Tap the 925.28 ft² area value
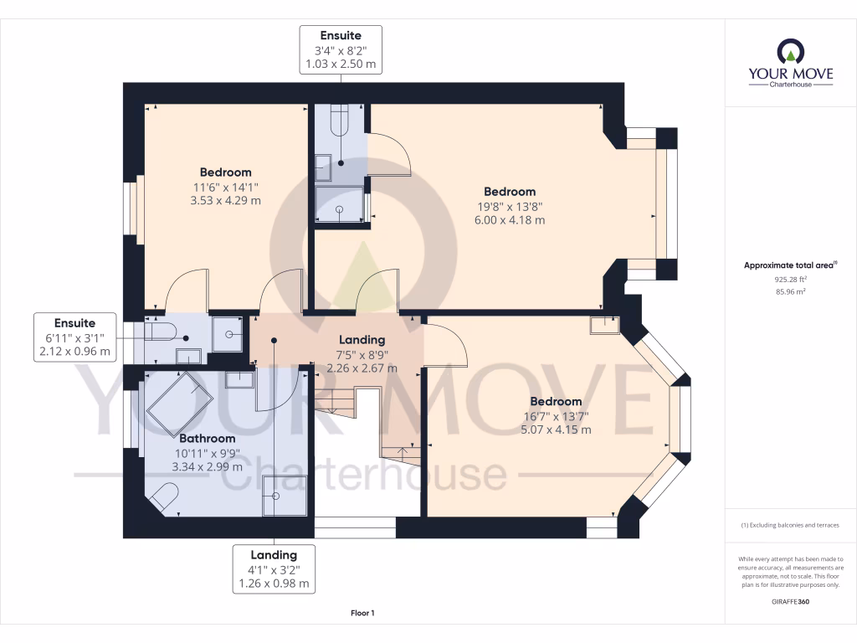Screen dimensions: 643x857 click(790, 279)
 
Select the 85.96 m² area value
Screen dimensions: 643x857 click(790, 291)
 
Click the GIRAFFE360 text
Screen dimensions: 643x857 click(790, 601)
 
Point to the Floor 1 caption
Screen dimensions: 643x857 click(362, 613)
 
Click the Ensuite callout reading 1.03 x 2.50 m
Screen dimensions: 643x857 click(341, 50)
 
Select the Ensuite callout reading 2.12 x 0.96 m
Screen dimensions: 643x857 click(75, 337)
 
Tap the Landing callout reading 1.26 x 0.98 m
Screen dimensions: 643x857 click(274, 568)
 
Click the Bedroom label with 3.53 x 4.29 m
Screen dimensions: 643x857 click(225, 187)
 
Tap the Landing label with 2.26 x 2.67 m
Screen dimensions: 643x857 click(362, 354)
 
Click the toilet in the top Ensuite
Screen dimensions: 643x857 click(340, 121)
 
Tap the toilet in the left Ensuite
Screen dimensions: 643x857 click(161, 332)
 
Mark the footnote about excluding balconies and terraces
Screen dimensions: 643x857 click(790, 525)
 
